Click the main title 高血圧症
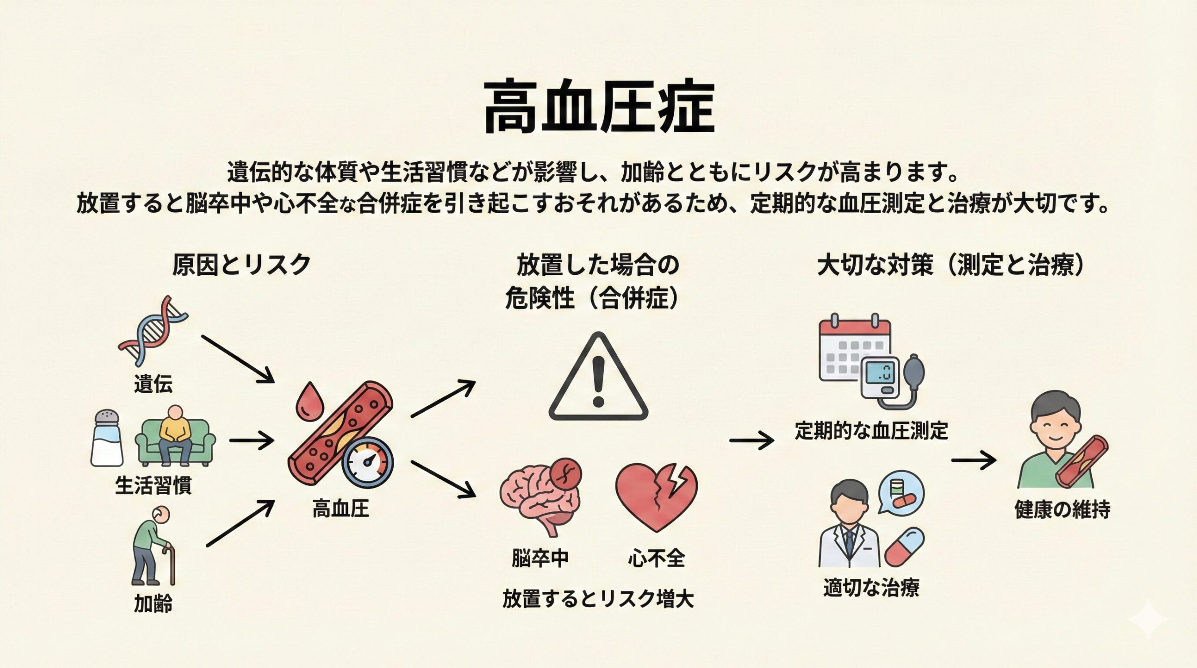click(x=598, y=107)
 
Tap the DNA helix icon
click(x=153, y=330)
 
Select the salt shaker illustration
click(x=107, y=438)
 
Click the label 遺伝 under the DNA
click(x=153, y=384)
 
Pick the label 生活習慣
click(x=153, y=485)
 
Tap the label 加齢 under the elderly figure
click(x=153, y=603)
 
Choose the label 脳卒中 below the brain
click(x=540, y=558)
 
